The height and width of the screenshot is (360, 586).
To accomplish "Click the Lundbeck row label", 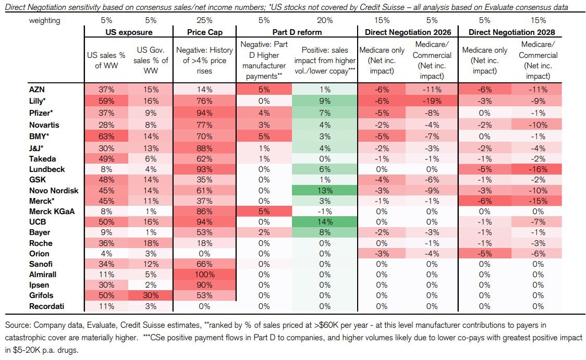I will coord(46,169).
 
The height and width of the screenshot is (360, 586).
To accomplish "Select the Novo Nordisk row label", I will coord(54,190).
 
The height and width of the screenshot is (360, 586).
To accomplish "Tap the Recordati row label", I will coord(46,306).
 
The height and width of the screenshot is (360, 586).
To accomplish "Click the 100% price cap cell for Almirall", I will coord(205,275).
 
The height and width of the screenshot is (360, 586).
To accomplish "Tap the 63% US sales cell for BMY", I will coord(106,138).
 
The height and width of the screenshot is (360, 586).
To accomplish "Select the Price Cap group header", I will coord(205,32).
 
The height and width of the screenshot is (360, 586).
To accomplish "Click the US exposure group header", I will coord(129,32).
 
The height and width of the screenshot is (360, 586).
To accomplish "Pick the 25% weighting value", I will coord(205,20).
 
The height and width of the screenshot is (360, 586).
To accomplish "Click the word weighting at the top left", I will coord(45,20).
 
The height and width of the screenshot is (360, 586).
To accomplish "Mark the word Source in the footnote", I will coord(17,325).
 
